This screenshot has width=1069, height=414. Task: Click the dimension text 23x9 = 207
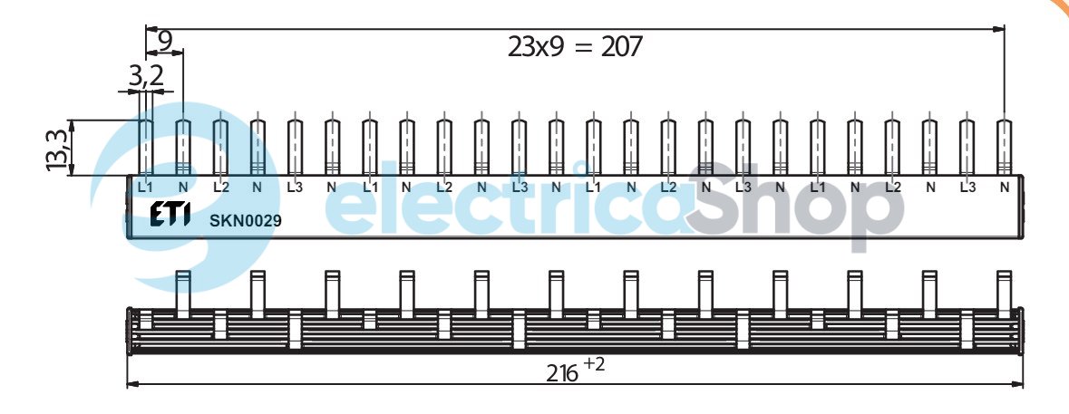(x=575, y=47)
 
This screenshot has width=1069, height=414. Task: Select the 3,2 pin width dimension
(x=147, y=76)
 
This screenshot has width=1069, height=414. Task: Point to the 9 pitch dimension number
(x=165, y=43)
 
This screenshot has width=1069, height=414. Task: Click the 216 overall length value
(x=562, y=373)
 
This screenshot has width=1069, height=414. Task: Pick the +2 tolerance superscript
(x=594, y=364)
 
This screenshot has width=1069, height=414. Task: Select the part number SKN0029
(x=246, y=221)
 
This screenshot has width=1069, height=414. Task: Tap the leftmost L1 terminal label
(x=145, y=187)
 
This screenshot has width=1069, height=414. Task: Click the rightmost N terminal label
(x=1005, y=187)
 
